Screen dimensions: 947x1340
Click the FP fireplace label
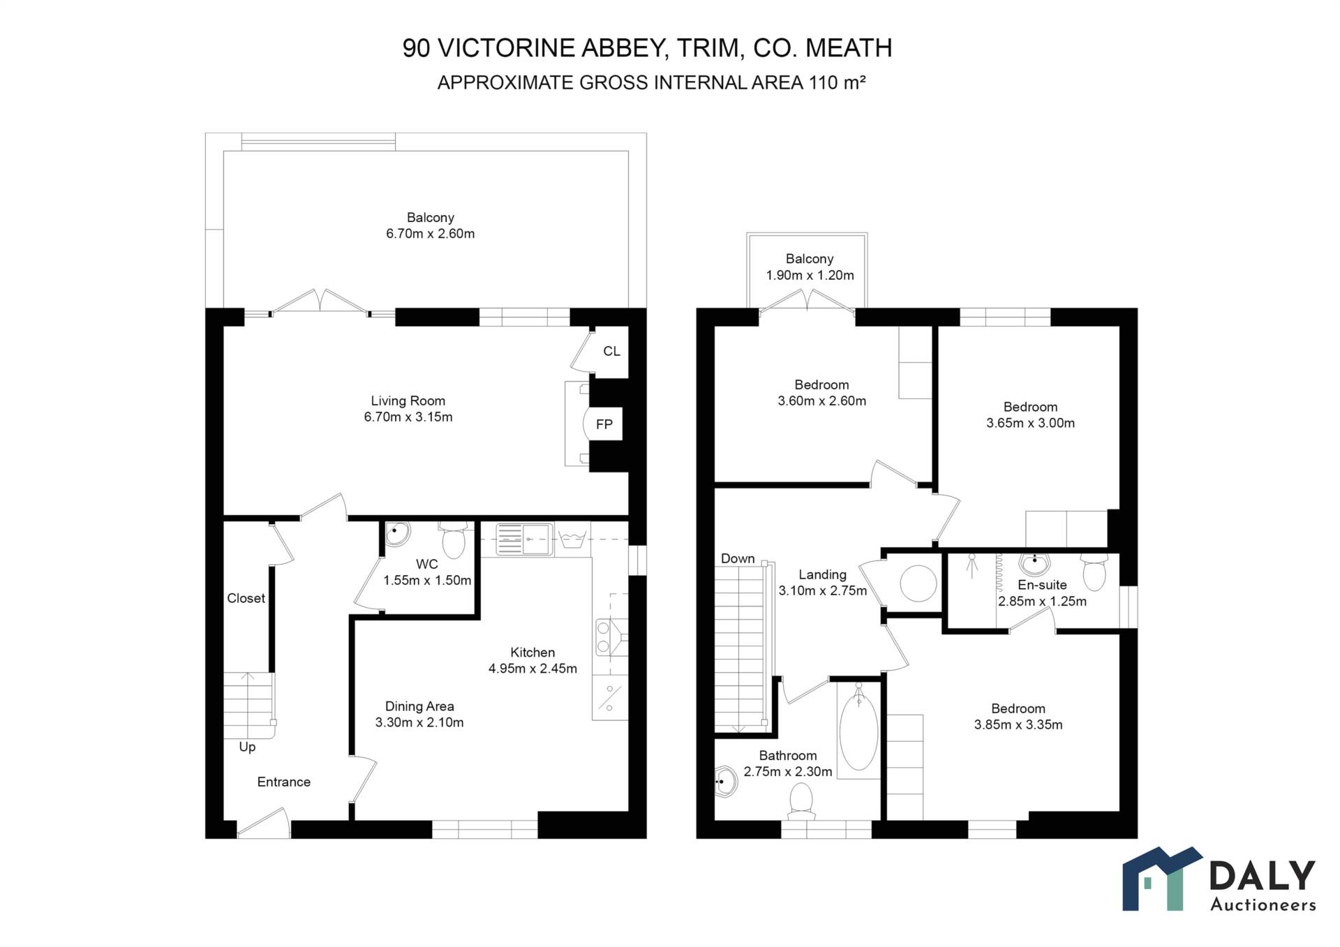(x=604, y=424)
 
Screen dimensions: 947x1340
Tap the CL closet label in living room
(x=611, y=351)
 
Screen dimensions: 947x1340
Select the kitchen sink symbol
(x=523, y=539)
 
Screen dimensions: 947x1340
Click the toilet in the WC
(x=454, y=541)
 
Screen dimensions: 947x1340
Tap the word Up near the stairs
(x=247, y=747)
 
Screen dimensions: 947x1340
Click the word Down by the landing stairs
(x=738, y=558)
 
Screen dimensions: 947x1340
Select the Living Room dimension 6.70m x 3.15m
(x=408, y=417)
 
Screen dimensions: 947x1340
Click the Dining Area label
(x=419, y=706)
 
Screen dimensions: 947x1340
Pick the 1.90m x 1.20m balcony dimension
(x=810, y=276)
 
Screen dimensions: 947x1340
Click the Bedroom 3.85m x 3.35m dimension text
(x=1018, y=725)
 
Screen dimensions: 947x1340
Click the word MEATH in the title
(x=849, y=48)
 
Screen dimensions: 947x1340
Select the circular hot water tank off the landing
(x=918, y=583)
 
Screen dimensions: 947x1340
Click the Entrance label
(x=283, y=782)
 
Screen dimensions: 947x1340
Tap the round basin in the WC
(x=398, y=534)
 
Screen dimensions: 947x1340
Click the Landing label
(x=822, y=574)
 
